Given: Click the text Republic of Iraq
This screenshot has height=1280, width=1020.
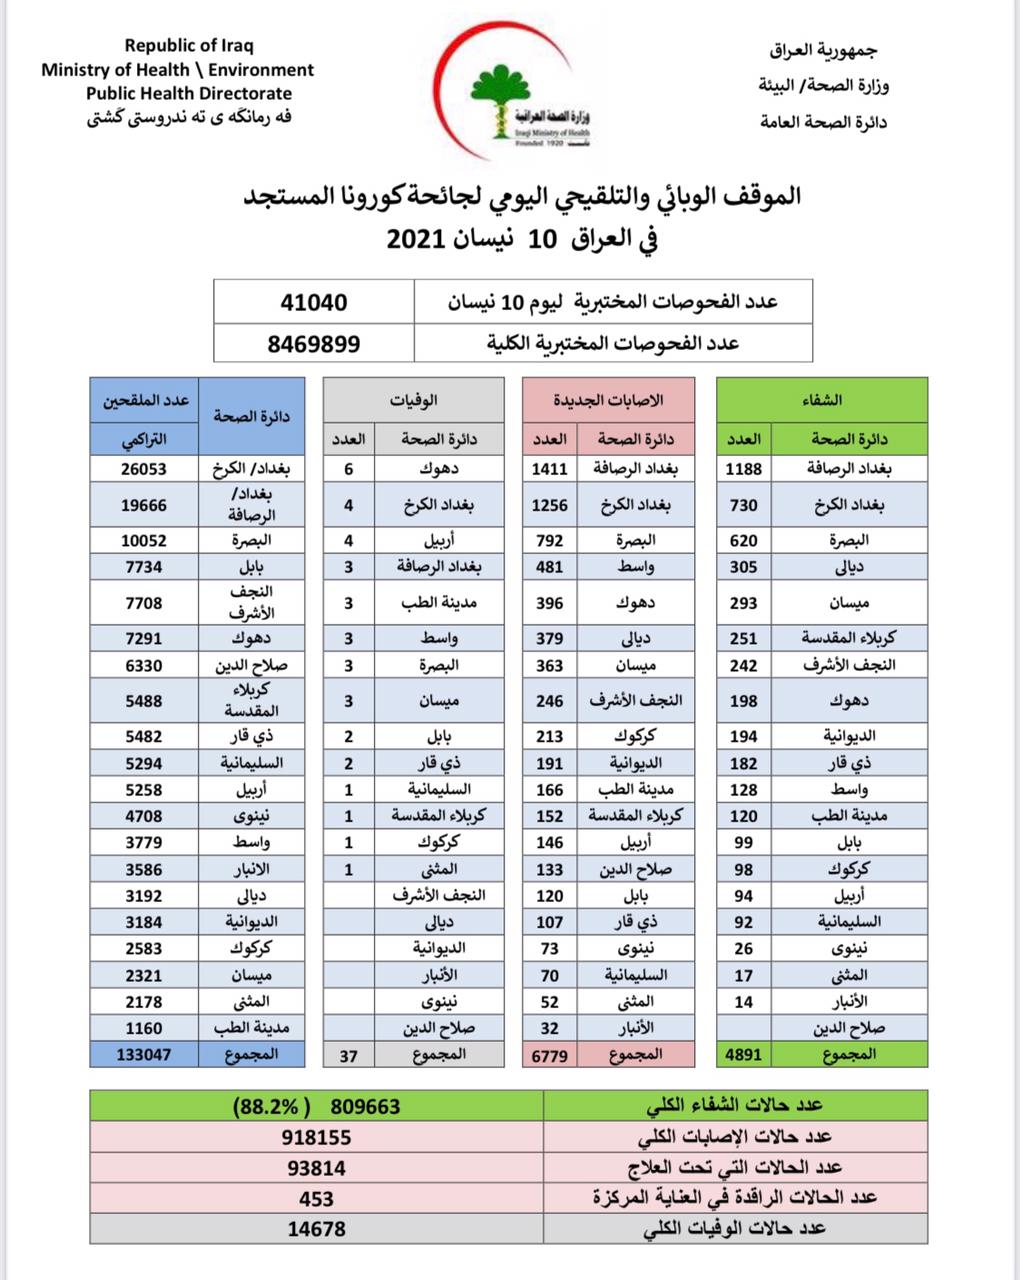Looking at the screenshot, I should pos(189,45).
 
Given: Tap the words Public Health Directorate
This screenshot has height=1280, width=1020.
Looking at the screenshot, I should pos(189,93).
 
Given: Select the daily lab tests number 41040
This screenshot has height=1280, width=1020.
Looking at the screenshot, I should pos(314,301).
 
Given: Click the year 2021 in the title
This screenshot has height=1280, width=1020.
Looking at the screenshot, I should pos(420,240).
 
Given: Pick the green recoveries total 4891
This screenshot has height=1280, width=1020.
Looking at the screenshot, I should pos(744,1053).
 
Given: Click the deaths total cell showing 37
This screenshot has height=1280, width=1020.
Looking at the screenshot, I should pos(349,1053).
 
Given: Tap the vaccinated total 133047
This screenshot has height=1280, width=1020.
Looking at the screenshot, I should pos(144,1053).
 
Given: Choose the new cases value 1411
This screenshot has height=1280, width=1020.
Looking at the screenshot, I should pos(549,468).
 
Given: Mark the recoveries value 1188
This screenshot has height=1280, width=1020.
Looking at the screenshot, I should pos(744,468).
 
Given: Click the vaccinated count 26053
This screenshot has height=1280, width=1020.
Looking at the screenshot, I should pos(144,468).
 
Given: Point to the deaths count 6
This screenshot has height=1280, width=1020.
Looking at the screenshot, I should pos(349,468).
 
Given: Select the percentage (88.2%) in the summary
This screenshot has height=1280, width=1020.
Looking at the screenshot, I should pos(264,1107).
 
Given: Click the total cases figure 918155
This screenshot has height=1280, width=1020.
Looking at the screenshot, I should pos(316,1137).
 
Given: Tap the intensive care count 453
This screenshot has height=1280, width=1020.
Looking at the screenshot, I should pos(316,1198).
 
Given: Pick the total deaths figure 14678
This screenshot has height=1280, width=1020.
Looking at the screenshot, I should pos(316,1228).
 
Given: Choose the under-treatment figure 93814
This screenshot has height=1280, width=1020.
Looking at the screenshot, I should pos(316,1167).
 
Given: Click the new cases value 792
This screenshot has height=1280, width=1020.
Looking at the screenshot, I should pos(549,540).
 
